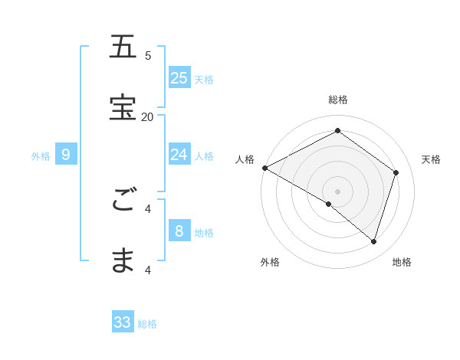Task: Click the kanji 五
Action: [123, 47]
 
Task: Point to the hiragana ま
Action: [123, 261]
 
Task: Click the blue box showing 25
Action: [179, 77]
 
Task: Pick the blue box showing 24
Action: [179, 155]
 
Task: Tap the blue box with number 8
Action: [179, 231]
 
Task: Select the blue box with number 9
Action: [66, 155]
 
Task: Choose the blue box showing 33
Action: [123, 322]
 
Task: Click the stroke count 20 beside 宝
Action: [147, 116]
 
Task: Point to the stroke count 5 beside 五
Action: [148, 55]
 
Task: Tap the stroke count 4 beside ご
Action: [148, 208]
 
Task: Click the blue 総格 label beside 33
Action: [147, 324]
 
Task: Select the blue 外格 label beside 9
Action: [41, 156]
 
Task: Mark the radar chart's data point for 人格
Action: [264, 168]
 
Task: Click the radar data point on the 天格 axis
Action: [396, 172]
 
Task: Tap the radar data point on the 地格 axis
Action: [373, 241]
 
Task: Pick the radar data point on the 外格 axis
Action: [329, 204]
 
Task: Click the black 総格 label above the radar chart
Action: [338, 100]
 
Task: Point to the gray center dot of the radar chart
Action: [338, 191]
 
